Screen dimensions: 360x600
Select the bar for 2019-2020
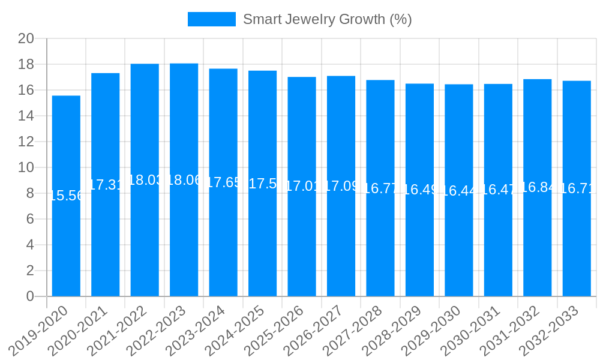point(66,240)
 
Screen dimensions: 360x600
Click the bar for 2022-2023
point(184,240)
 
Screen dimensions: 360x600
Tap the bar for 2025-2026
point(302,240)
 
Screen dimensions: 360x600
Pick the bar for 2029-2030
point(459,240)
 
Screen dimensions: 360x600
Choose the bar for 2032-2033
point(577,240)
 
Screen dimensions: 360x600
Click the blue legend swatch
point(211,19)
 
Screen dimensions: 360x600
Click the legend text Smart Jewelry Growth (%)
point(327,19)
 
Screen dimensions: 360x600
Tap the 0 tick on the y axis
point(30,296)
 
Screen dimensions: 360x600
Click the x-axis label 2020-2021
point(78,329)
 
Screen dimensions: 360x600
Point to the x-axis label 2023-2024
point(196,329)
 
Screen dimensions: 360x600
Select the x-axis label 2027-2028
point(353,329)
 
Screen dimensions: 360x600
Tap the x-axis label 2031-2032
point(510,329)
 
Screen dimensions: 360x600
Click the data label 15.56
point(66,196)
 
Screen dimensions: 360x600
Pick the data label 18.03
point(145,180)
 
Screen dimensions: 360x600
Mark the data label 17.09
point(341,186)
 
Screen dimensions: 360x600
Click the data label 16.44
point(459,190)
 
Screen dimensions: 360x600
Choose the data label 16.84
point(538,187)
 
